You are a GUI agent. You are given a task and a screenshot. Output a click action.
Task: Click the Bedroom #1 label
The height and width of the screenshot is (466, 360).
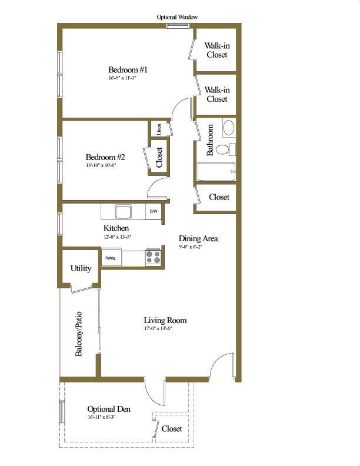point(128,70)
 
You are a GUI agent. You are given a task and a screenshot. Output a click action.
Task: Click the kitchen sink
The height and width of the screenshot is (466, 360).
point(123,211)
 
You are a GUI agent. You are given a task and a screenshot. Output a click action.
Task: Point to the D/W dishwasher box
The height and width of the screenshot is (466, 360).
point(154,211)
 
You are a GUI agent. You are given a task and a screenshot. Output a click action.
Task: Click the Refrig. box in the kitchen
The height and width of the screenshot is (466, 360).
point(110,258)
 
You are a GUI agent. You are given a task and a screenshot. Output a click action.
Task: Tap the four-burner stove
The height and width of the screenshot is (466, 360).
point(153,258)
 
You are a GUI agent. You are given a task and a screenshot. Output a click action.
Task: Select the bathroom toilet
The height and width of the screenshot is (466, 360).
point(224,149)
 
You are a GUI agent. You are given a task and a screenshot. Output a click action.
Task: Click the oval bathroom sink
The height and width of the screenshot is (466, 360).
point(228,128)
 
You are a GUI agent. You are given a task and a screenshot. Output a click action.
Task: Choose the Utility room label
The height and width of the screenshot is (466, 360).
point(81,268)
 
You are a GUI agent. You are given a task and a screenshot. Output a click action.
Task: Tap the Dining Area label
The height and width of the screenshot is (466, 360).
point(198,238)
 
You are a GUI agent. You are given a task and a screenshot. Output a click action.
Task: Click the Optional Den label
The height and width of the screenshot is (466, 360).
point(109,409)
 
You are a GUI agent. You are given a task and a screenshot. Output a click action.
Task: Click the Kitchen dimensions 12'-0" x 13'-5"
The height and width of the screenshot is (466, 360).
point(117,237)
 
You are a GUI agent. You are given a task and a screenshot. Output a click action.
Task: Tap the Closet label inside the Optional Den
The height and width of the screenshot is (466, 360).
point(172,429)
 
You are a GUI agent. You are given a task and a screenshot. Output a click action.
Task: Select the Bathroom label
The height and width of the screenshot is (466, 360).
point(210,140)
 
